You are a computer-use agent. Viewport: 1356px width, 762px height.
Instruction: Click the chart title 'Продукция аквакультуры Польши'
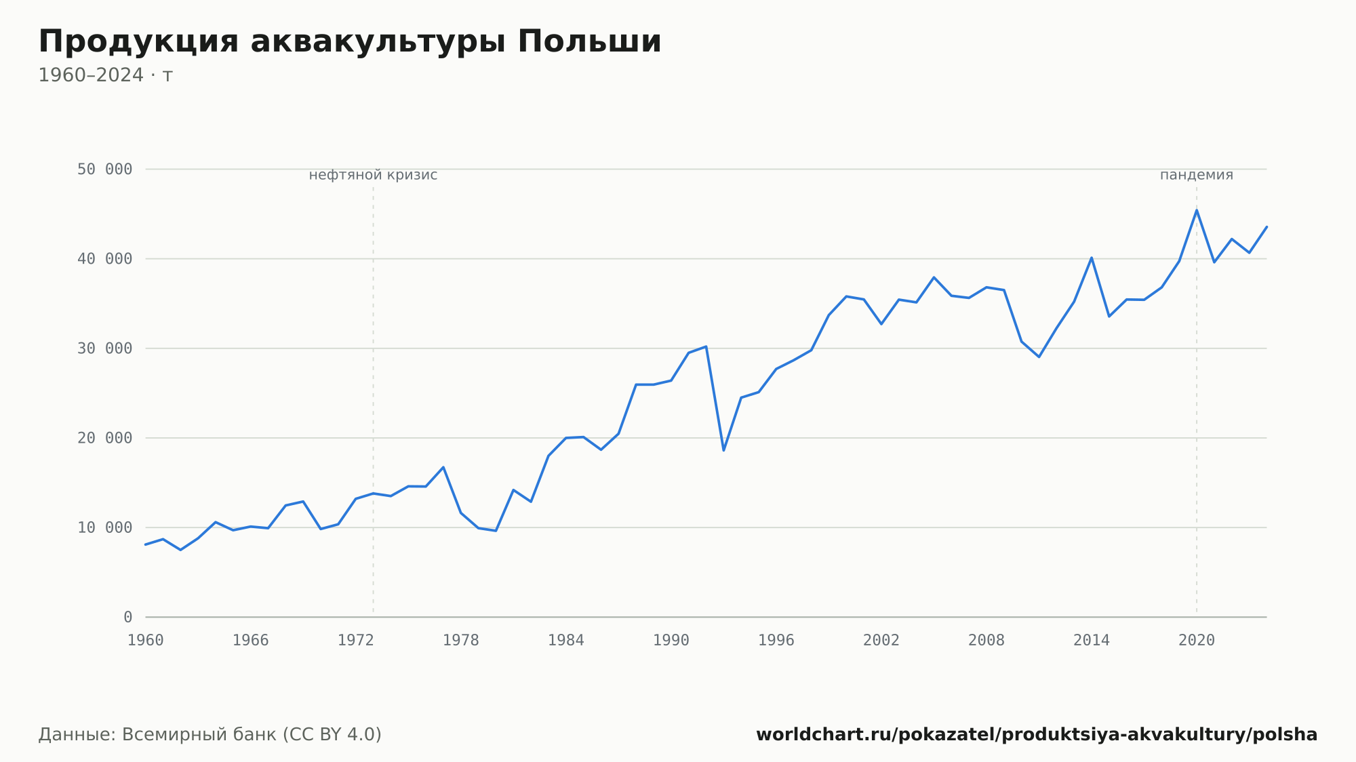[350, 42]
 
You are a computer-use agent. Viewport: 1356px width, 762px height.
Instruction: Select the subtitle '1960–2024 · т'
[106, 75]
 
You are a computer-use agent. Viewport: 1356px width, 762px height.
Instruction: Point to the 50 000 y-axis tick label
[104, 169]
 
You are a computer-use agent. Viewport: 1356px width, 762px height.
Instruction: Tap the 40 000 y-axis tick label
[104, 259]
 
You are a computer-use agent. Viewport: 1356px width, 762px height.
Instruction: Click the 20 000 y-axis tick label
[104, 438]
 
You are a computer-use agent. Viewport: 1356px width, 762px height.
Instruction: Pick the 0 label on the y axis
[128, 617]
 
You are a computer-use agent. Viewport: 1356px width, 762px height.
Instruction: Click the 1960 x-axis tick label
[146, 641]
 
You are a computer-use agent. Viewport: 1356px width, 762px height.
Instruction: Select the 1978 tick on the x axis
[461, 641]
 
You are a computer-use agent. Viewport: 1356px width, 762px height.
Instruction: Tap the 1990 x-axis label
[671, 641]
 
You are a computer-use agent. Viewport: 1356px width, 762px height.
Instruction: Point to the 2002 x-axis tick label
[881, 641]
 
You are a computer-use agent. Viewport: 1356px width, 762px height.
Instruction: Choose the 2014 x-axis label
[1092, 641]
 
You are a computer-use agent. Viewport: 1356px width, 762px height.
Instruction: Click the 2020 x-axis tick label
[1197, 641]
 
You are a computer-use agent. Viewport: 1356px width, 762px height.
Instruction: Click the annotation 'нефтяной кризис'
[373, 175]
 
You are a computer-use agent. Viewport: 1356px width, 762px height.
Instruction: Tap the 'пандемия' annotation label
[1197, 175]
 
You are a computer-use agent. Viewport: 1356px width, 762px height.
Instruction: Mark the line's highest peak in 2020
[1197, 210]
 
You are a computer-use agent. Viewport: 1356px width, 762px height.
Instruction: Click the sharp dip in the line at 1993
[723, 450]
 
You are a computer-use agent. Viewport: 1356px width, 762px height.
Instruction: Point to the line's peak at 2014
[1092, 258]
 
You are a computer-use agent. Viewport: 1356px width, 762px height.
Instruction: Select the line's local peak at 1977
[443, 467]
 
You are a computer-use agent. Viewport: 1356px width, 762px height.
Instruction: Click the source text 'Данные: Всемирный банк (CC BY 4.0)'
[210, 735]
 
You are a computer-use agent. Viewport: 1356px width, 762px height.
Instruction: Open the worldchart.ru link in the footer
[1037, 735]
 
